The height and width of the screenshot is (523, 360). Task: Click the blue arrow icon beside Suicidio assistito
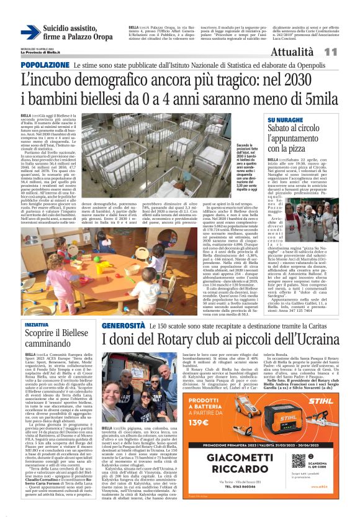(x=30, y=32)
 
